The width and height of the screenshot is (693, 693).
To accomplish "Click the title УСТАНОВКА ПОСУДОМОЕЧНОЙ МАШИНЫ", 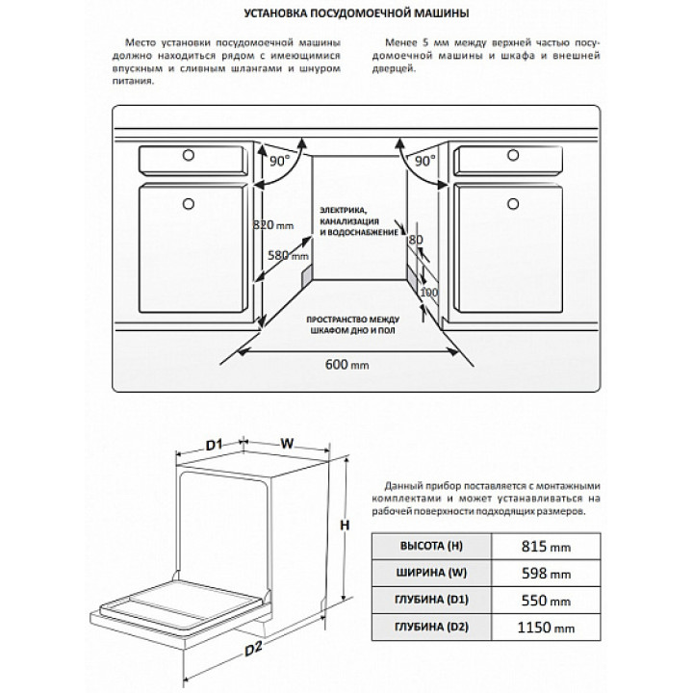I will click(x=346, y=15).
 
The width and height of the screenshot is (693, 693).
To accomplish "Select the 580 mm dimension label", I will click(x=288, y=257).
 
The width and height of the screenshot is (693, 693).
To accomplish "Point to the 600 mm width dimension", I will click(x=346, y=366).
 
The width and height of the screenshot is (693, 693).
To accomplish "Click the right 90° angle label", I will click(x=424, y=161).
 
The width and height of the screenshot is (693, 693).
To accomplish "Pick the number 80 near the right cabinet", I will click(x=416, y=239).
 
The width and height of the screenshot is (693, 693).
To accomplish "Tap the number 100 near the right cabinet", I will click(x=428, y=292).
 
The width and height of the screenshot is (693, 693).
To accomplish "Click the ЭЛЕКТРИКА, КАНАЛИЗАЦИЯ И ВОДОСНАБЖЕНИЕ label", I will click(x=358, y=220).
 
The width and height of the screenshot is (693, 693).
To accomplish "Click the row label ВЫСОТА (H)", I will click(x=430, y=547).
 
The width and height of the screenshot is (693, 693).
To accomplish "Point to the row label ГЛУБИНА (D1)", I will click(x=430, y=601).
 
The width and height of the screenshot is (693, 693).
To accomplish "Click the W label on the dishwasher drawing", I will click(x=286, y=444).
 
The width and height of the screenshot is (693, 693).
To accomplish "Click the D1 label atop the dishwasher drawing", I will click(x=215, y=444).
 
